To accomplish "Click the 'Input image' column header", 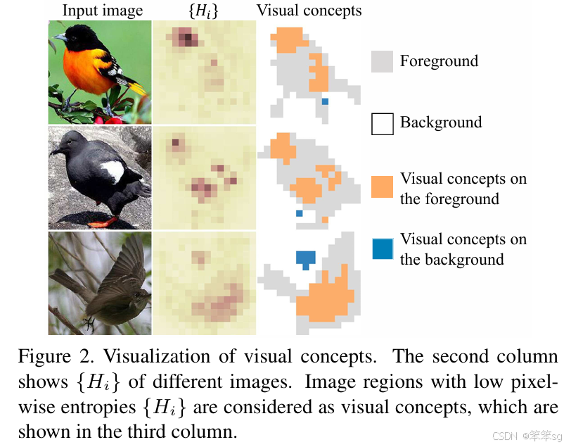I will tap(102, 10).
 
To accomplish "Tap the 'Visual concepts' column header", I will tap(309, 10).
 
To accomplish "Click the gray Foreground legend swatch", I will tap(382, 61).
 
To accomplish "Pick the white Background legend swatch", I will tap(382, 123).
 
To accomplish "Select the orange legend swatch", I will tap(382, 187).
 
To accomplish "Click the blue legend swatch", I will tap(382, 248).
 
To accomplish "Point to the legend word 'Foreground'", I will tap(439, 61).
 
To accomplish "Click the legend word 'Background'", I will tap(441, 122).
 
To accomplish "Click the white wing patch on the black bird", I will tap(113, 171).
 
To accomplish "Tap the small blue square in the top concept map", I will tap(325, 102).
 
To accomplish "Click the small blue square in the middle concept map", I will tap(299, 213).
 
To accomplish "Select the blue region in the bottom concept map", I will tap(305, 258).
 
